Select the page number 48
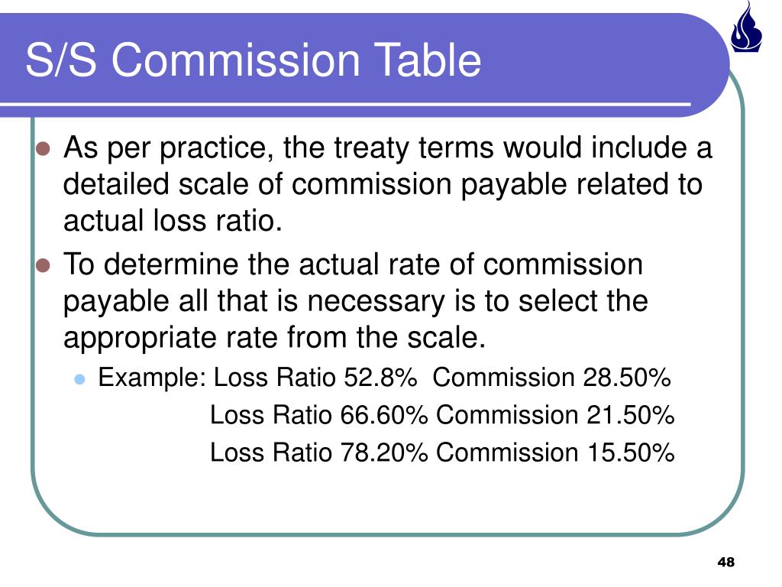[x=725, y=563]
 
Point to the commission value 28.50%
[x=627, y=378]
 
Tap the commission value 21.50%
[x=631, y=415]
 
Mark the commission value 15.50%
[x=631, y=452]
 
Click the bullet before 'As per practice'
[x=43, y=148]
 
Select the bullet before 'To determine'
[x=43, y=266]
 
